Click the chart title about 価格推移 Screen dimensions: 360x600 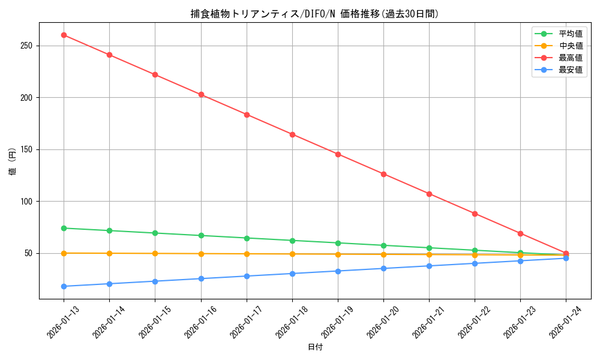tap(314, 14)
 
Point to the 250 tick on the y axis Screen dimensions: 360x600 tap(28, 46)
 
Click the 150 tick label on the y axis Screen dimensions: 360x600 tap(28, 149)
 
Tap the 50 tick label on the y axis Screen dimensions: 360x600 tap(31, 253)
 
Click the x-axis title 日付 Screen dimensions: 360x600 tap(315, 347)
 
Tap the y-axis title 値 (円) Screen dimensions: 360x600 tap(13, 162)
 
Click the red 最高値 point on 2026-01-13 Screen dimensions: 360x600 tap(64, 35)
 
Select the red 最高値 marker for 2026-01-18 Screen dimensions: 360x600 tap(292, 134)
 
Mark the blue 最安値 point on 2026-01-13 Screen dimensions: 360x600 tap(64, 286)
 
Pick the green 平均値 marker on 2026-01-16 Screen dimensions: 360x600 tap(201, 235)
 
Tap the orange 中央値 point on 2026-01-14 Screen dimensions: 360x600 tap(109, 253)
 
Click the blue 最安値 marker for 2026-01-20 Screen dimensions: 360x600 tap(383, 268)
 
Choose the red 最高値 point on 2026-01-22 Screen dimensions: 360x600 tap(475, 214)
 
